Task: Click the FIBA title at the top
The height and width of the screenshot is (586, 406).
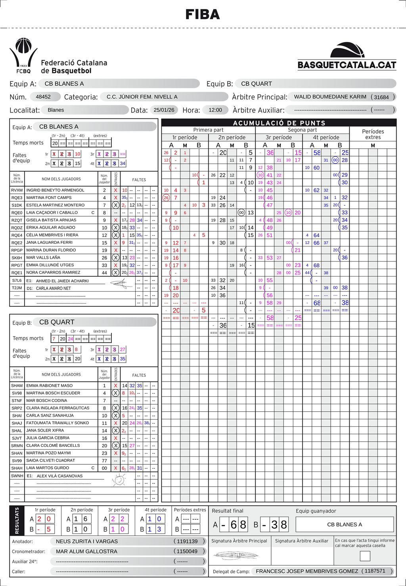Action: (x=203, y=15)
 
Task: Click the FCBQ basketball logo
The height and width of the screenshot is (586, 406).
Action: (x=23, y=55)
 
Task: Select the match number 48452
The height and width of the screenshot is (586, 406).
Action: (x=43, y=97)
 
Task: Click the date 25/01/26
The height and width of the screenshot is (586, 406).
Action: (x=164, y=110)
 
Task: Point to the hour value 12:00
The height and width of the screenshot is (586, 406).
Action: (x=215, y=110)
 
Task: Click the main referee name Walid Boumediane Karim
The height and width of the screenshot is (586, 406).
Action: (x=330, y=97)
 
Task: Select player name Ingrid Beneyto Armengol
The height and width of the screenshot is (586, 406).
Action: (x=55, y=190)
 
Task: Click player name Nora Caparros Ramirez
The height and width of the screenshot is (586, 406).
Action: (x=53, y=273)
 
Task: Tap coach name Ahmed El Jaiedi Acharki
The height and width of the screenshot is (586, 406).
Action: (x=62, y=281)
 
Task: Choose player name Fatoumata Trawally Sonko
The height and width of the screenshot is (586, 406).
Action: (x=57, y=423)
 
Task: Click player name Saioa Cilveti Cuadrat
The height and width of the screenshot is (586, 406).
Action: (x=50, y=460)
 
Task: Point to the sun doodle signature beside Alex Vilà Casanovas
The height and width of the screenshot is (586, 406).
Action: (x=118, y=481)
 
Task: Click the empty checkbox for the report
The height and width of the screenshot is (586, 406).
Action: (x=365, y=556)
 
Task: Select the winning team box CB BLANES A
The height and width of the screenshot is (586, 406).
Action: (x=345, y=524)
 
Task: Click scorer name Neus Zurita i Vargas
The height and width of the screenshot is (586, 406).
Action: (x=87, y=541)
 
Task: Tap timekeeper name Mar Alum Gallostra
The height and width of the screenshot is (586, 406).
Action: (x=86, y=551)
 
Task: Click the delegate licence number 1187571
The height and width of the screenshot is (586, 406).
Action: (x=375, y=571)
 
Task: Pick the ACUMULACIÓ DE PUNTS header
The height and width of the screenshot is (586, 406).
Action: (x=279, y=123)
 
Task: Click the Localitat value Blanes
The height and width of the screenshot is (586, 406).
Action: (x=56, y=110)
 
